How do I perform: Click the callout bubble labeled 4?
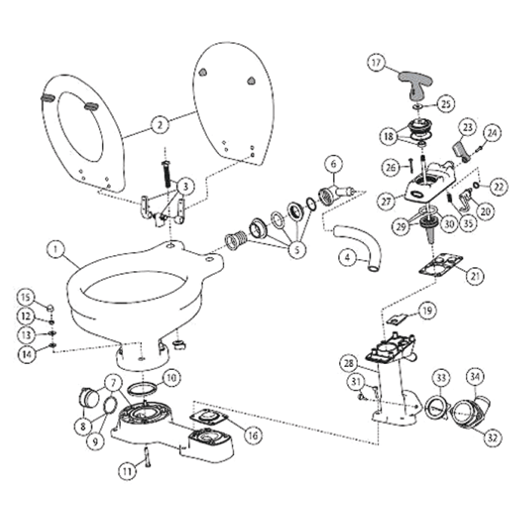347,257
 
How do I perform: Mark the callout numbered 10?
171,375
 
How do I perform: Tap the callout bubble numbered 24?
492,134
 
